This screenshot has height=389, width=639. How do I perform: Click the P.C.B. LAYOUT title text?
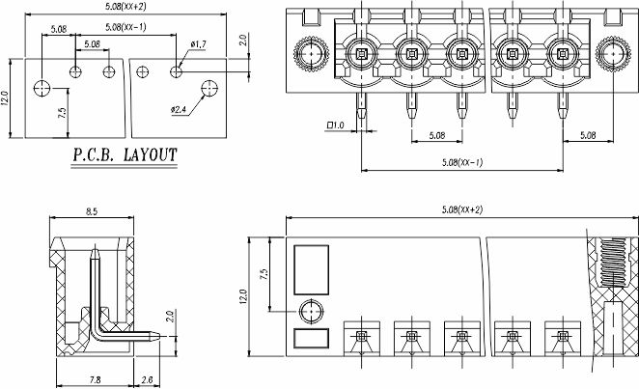click(125, 154)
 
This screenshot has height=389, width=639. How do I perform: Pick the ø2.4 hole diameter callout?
click(181, 109)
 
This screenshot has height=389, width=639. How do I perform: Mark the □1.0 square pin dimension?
click(337, 125)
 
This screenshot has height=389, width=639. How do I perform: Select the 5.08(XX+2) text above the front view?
click(460, 209)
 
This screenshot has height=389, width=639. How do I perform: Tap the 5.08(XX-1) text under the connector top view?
click(461, 161)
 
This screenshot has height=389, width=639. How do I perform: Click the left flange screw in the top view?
click(312, 54)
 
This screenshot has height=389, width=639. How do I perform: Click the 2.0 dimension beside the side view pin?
click(170, 318)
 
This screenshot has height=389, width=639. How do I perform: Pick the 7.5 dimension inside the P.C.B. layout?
click(62, 113)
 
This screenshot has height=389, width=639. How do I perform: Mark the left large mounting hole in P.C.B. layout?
click(41, 89)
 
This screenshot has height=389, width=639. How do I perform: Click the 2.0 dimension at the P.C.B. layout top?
click(244, 42)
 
